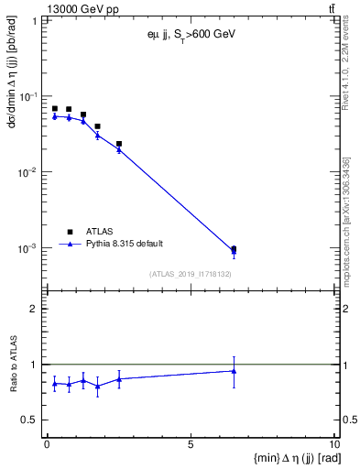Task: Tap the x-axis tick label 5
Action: (x=191, y=444)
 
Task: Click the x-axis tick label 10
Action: (x=333, y=444)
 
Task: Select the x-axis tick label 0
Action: (x=47, y=444)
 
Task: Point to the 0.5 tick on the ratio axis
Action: (x=30, y=420)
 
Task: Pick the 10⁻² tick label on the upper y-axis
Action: (x=27, y=172)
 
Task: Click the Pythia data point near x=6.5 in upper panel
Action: (x=234, y=252)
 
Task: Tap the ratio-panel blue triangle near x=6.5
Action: (x=234, y=371)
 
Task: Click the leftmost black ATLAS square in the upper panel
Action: (x=54, y=109)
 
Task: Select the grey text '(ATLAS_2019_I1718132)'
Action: (x=189, y=273)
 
